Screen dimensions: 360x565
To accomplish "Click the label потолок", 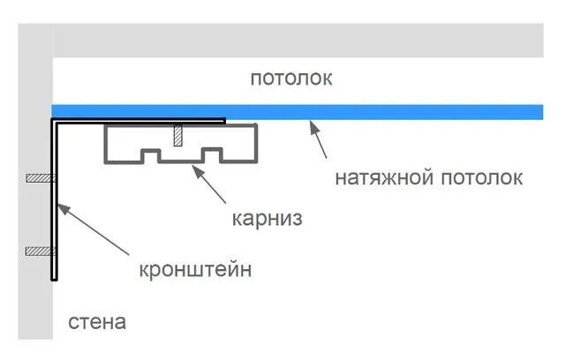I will tap(290, 79).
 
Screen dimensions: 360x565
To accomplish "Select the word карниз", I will tap(267, 218).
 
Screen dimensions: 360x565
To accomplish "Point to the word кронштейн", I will tap(195, 269).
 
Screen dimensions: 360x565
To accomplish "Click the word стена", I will tap(97, 322).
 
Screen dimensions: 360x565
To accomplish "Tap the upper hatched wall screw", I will tap(40, 179).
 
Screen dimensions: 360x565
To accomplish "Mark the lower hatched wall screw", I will tap(40, 251).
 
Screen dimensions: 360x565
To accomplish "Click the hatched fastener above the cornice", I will tap(179, 135).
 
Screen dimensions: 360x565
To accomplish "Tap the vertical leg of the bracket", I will tap(55, 203).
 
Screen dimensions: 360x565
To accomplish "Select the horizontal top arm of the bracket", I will tap(141, 121).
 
